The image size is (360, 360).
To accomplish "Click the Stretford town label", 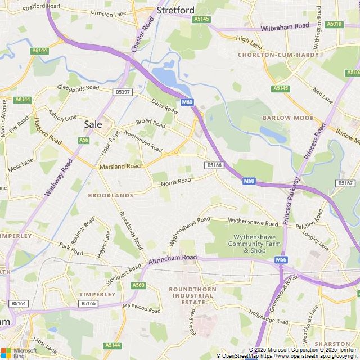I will [x=175, y=10].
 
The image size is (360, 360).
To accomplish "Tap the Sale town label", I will [x=93, y=124].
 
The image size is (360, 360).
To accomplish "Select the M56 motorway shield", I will [x=281, y=260].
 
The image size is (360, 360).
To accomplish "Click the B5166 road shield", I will [x=214, y=165].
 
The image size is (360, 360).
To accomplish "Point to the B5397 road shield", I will [x=121, y=92].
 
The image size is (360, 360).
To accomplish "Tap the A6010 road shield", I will [x=335, y=24].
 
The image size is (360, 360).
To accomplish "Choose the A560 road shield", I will [x=138, y=286].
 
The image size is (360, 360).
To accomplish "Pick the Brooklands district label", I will [x=111, y=195].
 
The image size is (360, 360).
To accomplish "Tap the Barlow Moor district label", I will [x=288, y=118].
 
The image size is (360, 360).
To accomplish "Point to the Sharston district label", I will [x=332, y=344].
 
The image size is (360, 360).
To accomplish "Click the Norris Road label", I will [x=175, y=182].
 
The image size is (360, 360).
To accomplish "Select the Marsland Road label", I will [x=120, y=166].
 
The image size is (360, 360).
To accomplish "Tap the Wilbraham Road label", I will [x=285, y=27].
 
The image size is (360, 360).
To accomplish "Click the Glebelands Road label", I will [x=78, y=88].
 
